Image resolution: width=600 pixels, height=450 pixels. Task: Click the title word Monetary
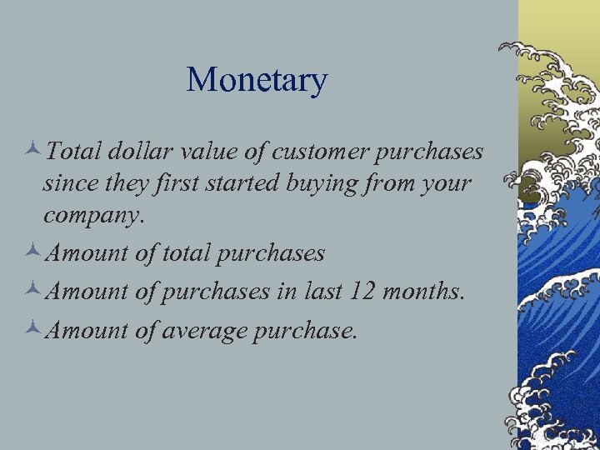coord(257,80)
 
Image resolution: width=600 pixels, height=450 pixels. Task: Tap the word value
coord(210,151)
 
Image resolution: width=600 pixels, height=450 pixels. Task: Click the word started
coord(244,182)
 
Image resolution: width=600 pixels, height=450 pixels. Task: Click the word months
coord(432,291)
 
